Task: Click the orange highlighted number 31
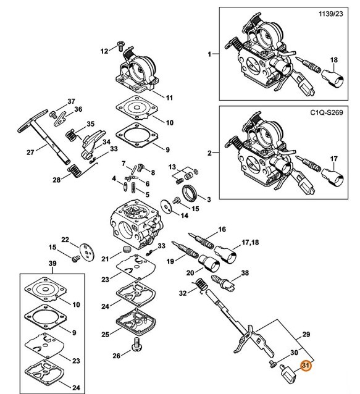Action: pyautogui.click(x=304, y=365)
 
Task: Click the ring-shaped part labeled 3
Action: pyautogui.click(x=191, y=192)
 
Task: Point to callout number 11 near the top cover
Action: pyautogui.click(x=168, y=98)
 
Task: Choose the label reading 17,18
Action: pyautogui.click(x=249, y=241)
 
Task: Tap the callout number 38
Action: pyautogui.click(x=245, y=273)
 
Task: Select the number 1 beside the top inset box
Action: pyautogui.click(x=209, y=54)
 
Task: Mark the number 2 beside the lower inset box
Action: pyautogui.click(x=209, y=152)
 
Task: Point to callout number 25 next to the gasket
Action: pyautogui.click(x=106, y=334)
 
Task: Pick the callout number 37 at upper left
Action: pyautogui.click(x=71, y=101)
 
